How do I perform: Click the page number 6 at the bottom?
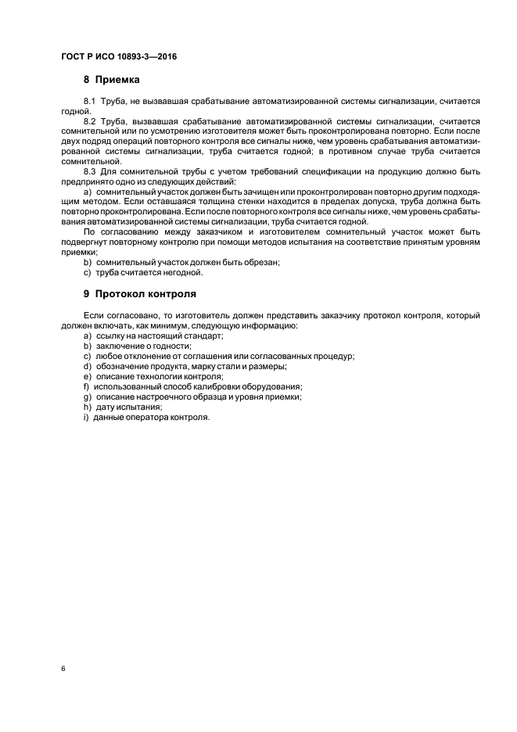pyautogui.click(x=63, y=669)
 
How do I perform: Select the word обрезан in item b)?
pyautogui.click(x=257, y=263)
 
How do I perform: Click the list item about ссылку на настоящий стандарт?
pyautogui.click(x=153, y=335)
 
